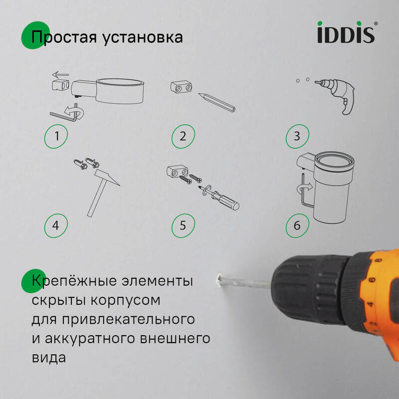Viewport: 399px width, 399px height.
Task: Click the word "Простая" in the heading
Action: click(x=62, y=37)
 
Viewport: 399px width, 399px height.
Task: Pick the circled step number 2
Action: click(x=183, y=136)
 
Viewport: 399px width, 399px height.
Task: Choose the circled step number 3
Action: click(x=297, y=136)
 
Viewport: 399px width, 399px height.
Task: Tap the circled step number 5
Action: click(x=183, y=225)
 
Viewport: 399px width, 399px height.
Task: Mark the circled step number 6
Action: click(x=297, y=225)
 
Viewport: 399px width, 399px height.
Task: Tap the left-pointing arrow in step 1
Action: click(x=61, y=75)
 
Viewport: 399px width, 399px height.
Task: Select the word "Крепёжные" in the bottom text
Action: click(x=68, y=281)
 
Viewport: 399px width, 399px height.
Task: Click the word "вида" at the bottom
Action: click(x=48, y=358)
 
